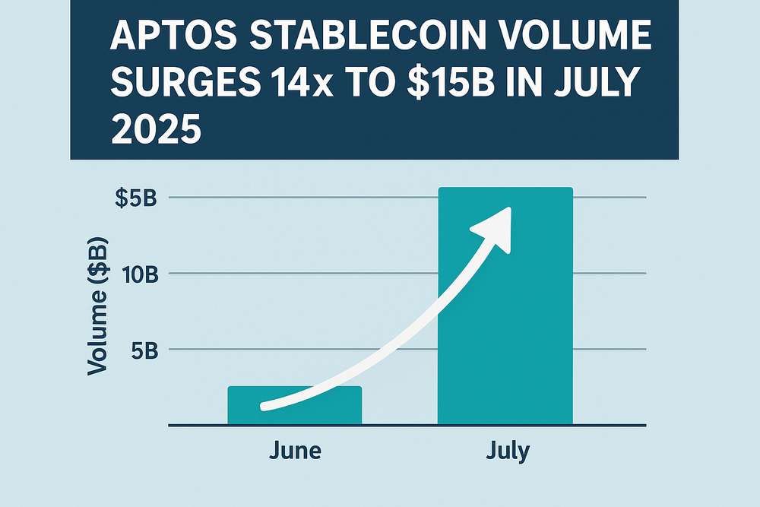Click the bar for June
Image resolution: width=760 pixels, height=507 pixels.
point(294,404)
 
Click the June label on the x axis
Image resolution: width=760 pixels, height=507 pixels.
point(295,450)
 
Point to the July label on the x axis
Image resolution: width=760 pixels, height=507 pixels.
point(508,450)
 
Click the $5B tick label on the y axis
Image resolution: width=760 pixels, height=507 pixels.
point(136,198)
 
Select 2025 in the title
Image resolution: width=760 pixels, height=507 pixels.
point(156,129)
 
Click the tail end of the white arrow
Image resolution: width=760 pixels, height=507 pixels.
point(264,406)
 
